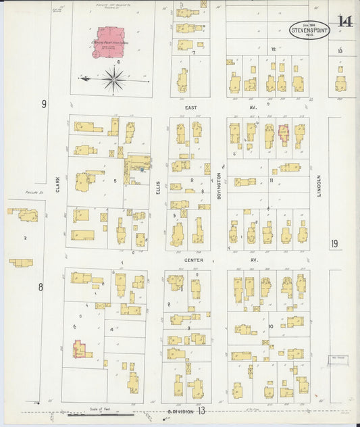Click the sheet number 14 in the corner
pyautogui.click(x=344, y=21)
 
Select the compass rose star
pyautogui.click(x=114, y=79)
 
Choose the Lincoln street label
pyautogui.click(x=319, y=186)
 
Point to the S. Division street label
pyautogui.click(x=180, y=411)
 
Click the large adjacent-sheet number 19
pyautogui.click(x=335, y=244)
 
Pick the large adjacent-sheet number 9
pyautogui.click(x=44, y=104)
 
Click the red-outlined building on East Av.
pyautogui.click(x=284, y=132)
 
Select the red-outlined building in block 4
pyautogui.click(x=80, y=349)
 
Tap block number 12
pyautogui.click(x=274, y=49)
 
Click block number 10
pyautogui.click(x=270, y=327)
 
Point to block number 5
pyautogui.click(x=115, y=180)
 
